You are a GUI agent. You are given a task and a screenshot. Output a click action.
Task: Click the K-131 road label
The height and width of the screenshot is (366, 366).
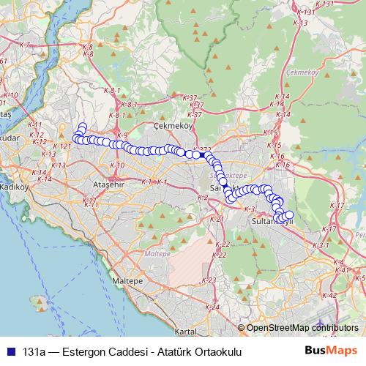tap(307, 12)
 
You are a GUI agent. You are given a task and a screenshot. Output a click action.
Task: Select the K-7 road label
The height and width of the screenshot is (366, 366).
tap(25, 45)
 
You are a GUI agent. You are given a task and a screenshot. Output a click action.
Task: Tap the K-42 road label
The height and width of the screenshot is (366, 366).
tap(329, 295)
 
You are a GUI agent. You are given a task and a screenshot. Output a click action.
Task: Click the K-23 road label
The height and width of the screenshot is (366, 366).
tap(208, 280)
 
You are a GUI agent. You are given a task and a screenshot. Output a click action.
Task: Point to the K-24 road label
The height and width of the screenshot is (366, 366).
tap(212, 307)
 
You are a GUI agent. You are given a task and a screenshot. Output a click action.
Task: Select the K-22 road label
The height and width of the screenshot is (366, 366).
tap(224, 244)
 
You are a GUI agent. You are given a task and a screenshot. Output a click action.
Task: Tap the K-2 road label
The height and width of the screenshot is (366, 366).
tap(204, 196)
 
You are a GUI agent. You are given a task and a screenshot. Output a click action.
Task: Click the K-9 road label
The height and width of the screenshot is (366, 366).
tap(122, 135)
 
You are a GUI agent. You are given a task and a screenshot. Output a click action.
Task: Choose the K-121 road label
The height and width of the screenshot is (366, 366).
tap(63, 146)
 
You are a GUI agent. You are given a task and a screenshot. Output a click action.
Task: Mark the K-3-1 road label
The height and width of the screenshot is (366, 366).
tap(321, 245)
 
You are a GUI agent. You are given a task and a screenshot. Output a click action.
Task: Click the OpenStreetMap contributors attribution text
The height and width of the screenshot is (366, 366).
tap(302, 328)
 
